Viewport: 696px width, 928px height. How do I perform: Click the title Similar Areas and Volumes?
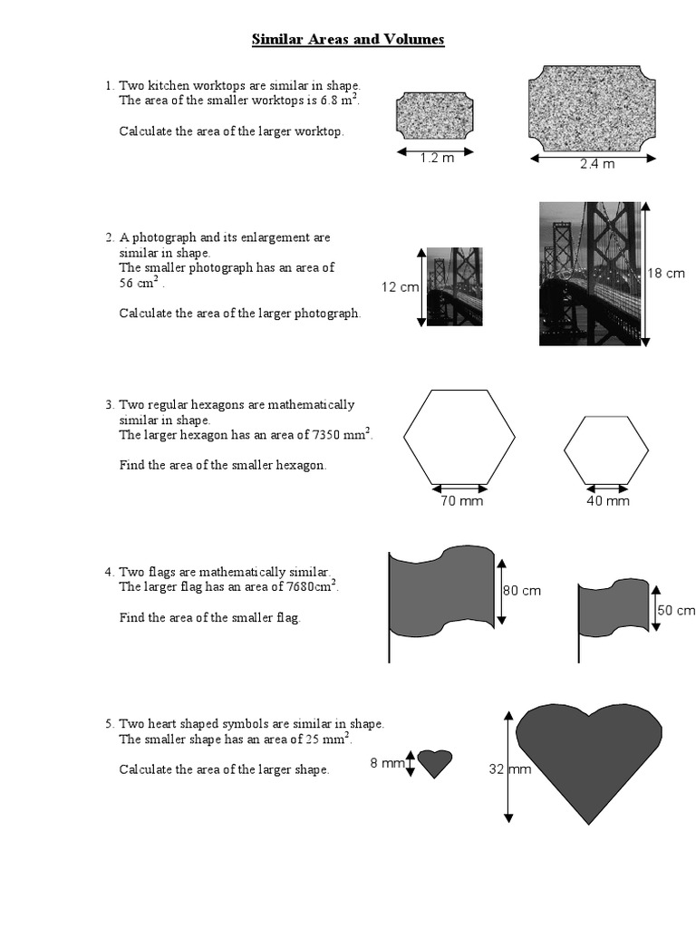tap(348, 41)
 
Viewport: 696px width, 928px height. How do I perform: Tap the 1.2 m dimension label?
tap(437, 158)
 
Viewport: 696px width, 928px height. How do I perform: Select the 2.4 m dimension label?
tap(597, 164)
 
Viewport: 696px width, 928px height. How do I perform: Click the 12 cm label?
tap(400, 287)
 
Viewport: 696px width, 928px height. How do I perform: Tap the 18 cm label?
tap(666, 273)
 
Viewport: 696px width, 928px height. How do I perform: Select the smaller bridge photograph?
tap(454, 286)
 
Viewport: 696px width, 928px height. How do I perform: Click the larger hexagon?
tap(459, 437)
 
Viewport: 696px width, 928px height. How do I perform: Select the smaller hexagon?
tap(606, 451)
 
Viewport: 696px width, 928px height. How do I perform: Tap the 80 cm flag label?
tap(521, 591)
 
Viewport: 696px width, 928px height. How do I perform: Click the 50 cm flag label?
tap(676, 611)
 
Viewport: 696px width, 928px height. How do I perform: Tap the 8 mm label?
tap(386, 763)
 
